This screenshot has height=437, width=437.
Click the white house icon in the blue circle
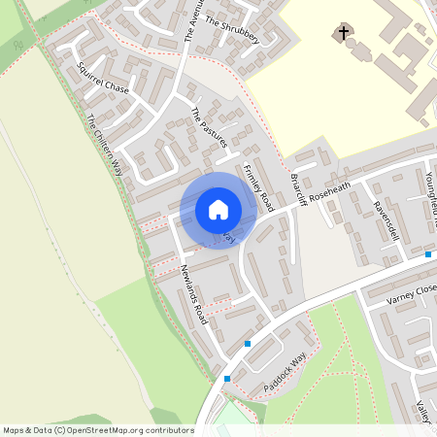pyautogui.click(x=218, y=210)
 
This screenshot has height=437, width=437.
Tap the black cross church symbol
pyautogui.click(x=342, y=35)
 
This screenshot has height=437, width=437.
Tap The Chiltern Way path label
pyautogui.click(x=108, y=147)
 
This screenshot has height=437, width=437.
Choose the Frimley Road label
pyautogui.click(x=259, y=185)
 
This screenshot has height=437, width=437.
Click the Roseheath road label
pyautogui.click(x=329, y=192)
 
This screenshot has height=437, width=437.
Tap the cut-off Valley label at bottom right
pyautogui.click(x=425, y=412)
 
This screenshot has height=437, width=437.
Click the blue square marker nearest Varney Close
pyautogui.click(x=428, y=254)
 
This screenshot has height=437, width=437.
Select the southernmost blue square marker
pyautogui.click(x=227, y=379)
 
